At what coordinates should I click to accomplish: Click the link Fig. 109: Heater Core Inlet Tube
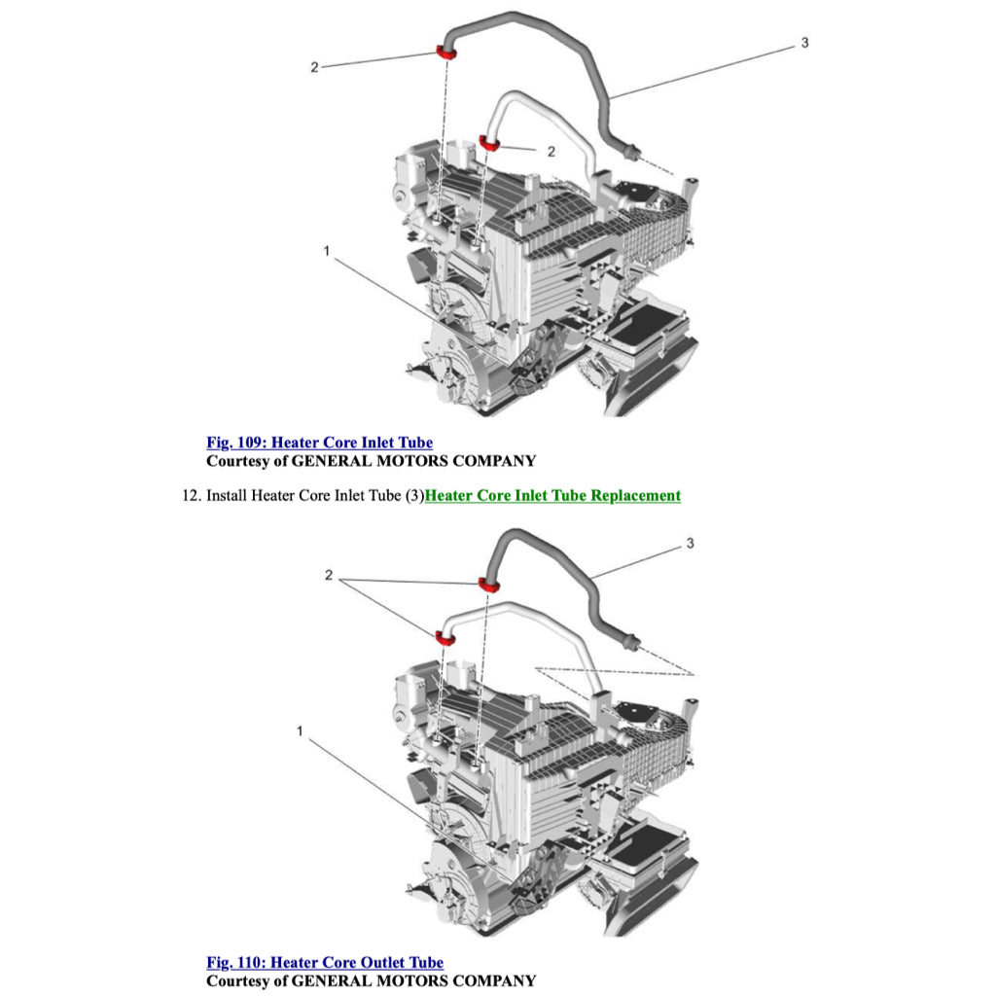(319, 443)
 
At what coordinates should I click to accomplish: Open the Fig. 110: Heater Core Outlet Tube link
(324, 963)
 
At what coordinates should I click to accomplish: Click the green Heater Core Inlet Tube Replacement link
(552, 495)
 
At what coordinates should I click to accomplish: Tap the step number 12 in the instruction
(190, 495)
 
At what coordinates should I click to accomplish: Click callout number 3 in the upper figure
(804, 43)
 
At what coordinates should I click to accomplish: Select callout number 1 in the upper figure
(327, 251)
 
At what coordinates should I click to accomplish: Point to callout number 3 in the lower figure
(690, 543)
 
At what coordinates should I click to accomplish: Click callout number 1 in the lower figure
(300, 730)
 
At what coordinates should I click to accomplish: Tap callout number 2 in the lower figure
(329, 576)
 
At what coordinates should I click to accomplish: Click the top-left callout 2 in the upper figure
(314, 67)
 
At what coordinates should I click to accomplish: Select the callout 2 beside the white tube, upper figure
(551, 151)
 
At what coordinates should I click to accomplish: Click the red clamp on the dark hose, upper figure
(446, 51)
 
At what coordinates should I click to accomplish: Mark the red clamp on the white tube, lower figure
(446, 637)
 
